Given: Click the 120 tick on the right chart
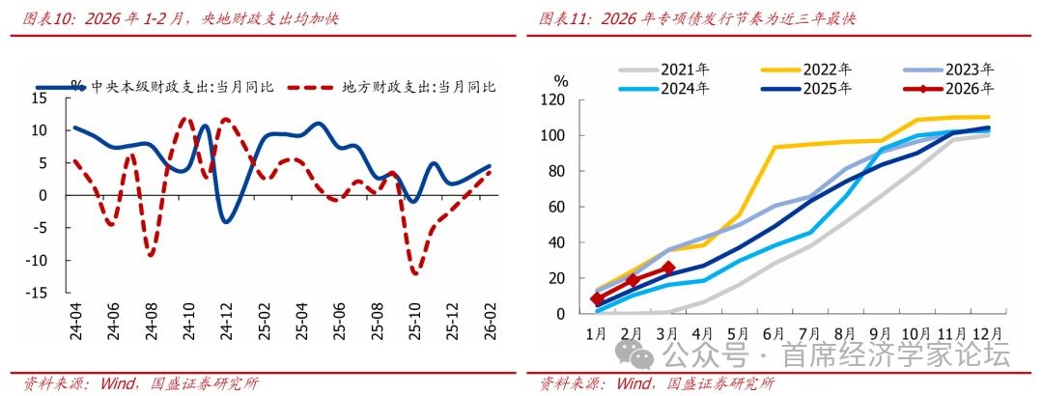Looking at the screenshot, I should click(x=551, y=99).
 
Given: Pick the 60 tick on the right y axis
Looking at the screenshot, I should click(x=555, y=207).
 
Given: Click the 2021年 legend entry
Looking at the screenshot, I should click(x=686, y=70).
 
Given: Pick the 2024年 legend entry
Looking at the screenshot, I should click(x=686, y=88).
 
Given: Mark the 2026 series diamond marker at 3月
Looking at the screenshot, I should click(x=667, y=268).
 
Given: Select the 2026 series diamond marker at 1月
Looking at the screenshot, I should click(x=597, y=299).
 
